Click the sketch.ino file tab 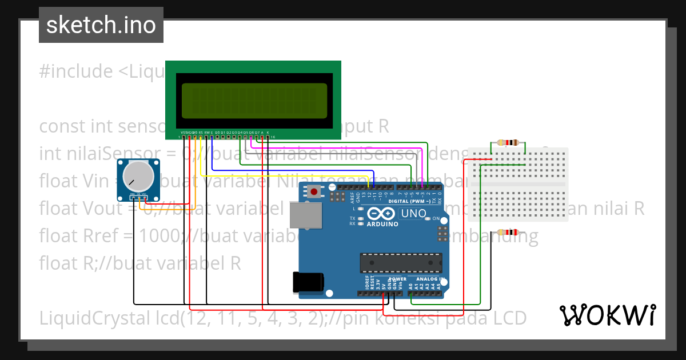[x=101, y=25]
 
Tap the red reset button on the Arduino [x=314, y=191]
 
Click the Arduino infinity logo [x=382, y=214]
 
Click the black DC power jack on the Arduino [x=308, y=283]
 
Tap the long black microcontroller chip [x=401, y=263]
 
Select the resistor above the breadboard [x=508, y=143]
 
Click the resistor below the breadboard [x=508, y=232]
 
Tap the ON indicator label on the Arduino [x=436, y=219]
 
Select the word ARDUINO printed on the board [x=382, y=224]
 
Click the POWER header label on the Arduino [x=398, y=279]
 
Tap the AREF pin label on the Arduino [x=352, y=198]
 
